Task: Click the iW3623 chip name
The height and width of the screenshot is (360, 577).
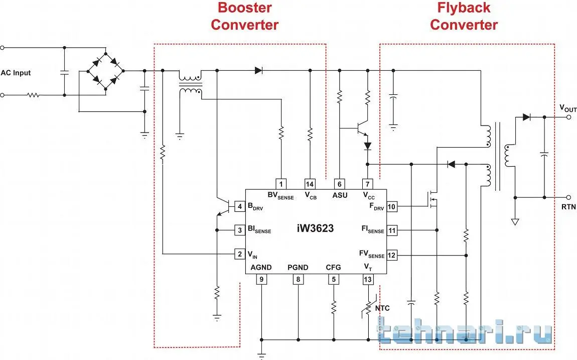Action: point(315,228)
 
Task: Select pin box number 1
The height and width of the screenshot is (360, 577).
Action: point(281,184)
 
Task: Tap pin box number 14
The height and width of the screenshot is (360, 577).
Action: point(310,184)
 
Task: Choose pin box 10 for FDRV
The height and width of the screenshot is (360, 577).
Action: point(391,206)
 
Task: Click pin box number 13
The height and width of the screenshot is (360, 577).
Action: point(368,280)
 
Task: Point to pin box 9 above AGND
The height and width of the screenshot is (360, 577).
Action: point(261,280)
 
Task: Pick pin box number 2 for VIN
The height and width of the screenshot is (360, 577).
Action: point(240,254)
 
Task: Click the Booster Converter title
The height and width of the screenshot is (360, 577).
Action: point(244,16)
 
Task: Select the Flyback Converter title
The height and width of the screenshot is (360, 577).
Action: point(464,16)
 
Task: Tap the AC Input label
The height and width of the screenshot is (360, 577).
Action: point(16,73)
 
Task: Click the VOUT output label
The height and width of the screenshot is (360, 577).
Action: point(568,109)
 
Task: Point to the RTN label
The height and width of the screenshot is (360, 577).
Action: point(568,206)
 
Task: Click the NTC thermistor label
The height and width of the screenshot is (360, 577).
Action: point(382,308)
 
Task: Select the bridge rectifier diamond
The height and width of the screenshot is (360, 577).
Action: point(106,71)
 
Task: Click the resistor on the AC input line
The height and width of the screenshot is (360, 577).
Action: point(33,94)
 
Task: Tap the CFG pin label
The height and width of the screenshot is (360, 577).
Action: point(333,268)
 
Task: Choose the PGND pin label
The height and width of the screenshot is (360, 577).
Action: point(298,268)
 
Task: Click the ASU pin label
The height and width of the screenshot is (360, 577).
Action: point(340,195)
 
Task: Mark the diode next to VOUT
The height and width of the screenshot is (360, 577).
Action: point(526,117)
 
